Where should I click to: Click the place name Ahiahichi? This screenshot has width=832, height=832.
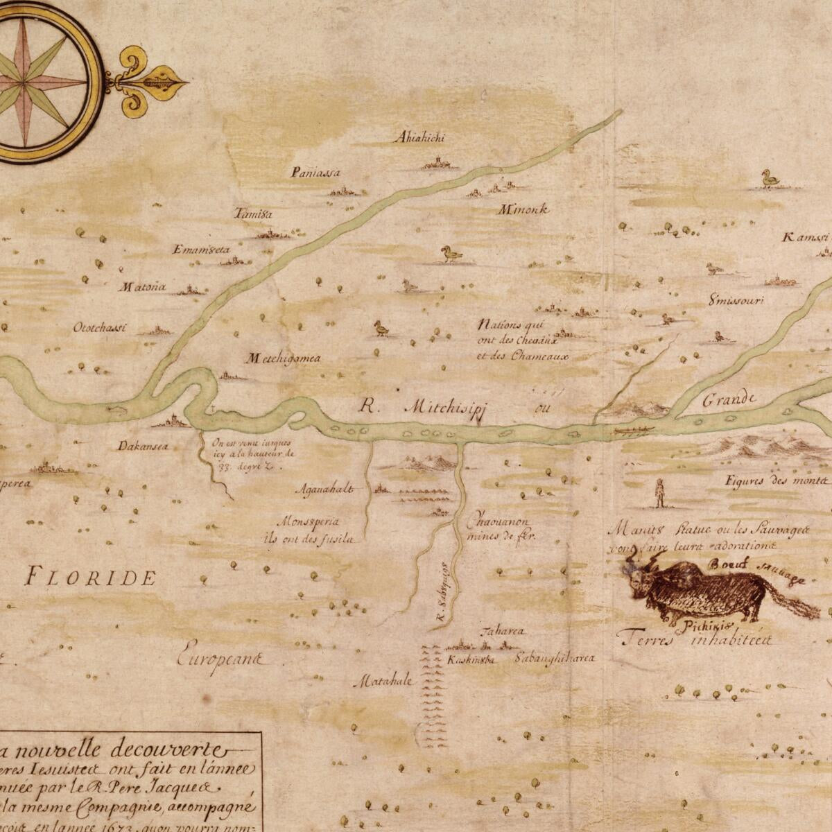(x=419, y=137)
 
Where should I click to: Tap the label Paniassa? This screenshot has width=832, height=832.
(x=316, y=172)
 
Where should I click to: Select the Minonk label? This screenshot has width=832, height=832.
(x=523, y=209)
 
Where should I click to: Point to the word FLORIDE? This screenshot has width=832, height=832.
(x=90, y=577)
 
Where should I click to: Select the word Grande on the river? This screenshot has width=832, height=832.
(x=728, y=400)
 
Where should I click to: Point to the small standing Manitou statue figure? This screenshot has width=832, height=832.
(x=659, y=492)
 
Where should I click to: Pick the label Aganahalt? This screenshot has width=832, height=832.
(x=324, y=489)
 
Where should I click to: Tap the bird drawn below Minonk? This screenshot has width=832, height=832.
(x=451, y=254)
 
